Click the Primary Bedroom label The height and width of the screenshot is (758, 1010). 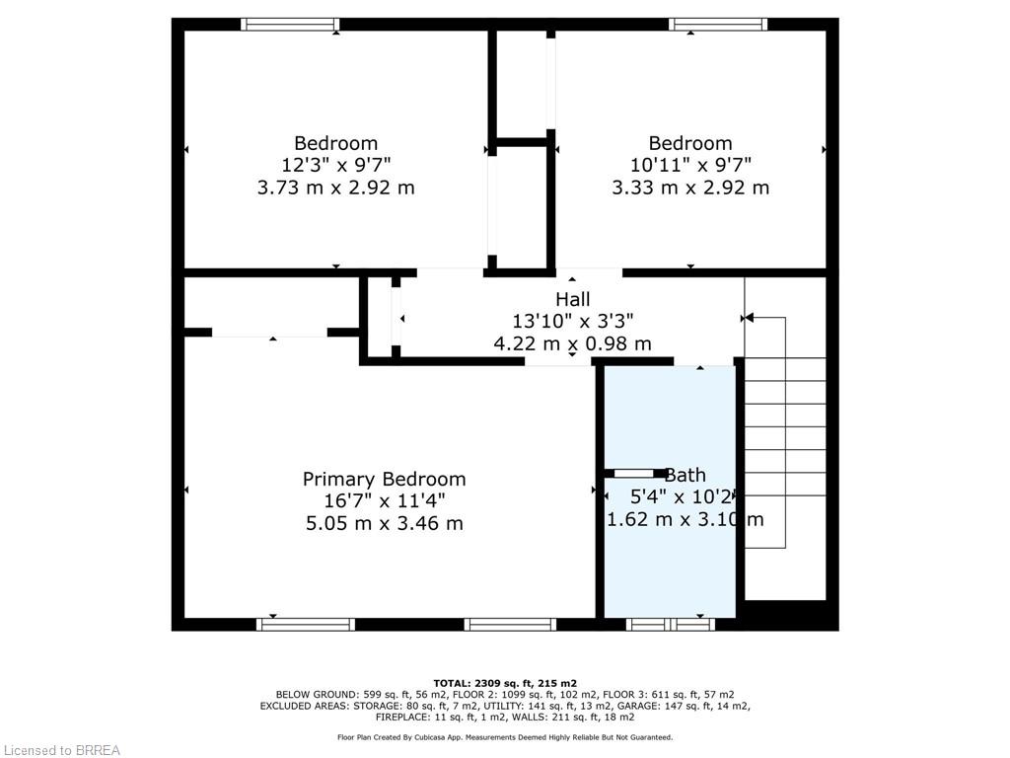(x=384, y=479)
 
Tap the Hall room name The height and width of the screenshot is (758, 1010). (x=573, y=299)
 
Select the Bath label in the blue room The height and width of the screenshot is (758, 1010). (x=685, y=475)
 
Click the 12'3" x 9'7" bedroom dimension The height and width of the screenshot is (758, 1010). (x=335, y=165)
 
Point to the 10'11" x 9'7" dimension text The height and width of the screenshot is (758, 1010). (x=690, y=165)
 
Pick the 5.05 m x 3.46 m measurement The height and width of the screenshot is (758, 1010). (x=384, y=523)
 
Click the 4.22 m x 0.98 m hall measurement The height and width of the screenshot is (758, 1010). (x=573, y=342)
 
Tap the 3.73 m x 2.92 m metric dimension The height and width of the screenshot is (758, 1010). (x=335, y=188)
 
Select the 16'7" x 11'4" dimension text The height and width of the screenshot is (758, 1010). (x=384, y=500)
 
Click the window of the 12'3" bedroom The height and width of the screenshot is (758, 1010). (x=291, y=25)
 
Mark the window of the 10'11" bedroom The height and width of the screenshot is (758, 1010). (x=718, y=25)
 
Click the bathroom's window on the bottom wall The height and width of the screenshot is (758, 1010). (x=671, y=624)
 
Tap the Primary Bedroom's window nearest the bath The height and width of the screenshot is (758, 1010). (x=510, y=624)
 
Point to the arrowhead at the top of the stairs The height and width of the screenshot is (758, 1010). (x=749, y=318)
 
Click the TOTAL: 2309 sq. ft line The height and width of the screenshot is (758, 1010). (x=505, y=683)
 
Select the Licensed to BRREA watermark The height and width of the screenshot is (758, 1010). (x=61, y=750)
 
